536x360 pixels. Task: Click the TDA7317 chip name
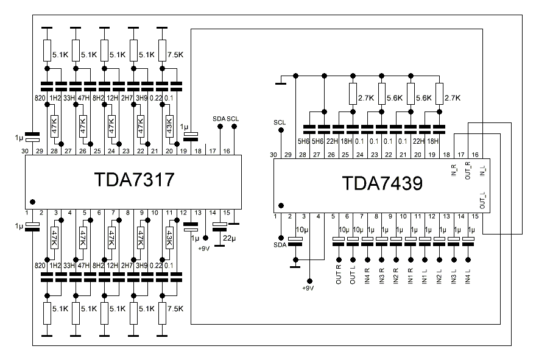point(134,181)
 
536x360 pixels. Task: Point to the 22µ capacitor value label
point(230,237)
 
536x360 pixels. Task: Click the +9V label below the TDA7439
point(309,288)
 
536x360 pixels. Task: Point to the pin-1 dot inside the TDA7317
point(32,202)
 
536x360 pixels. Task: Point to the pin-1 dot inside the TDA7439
point(281,205)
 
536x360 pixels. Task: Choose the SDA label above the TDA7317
point(219,118)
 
